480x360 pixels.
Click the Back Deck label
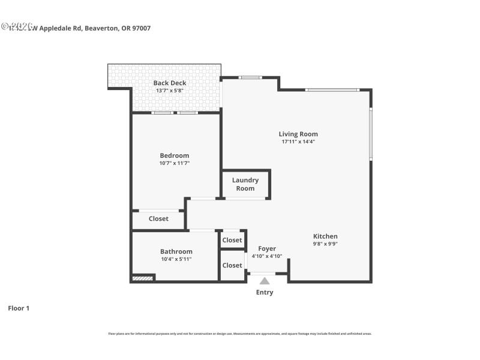click(x=169, y=83)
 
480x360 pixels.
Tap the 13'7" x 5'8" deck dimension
click(x=169, y=91)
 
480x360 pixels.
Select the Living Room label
click(x=298, y=134)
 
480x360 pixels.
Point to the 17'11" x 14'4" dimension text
click(x=298, y=142)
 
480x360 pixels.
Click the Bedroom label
click(x=174, y=155)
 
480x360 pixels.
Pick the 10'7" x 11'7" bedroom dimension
click(x=174, y=163)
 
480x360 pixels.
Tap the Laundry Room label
click(x=245, y=184)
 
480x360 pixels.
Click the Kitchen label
click(x=325, y=236)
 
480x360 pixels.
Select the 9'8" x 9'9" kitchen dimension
click(x=325, y=244)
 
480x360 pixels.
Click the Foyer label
click(x=267, y=248)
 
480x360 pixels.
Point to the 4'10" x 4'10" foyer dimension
click(x=267, y=256)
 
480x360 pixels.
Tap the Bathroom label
click(x=176, y=251)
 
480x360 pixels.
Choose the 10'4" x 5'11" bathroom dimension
click(x=176, y=259)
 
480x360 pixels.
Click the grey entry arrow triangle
click(x=265, y=280)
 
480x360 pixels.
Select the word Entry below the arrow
click(x=265, y=293)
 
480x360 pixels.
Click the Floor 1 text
click(x=19, y=308)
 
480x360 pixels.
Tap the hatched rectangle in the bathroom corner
click(x=143, y=278)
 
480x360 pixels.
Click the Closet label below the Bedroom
click(x=158, y=219)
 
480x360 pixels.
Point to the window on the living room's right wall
click(x=370, y=133)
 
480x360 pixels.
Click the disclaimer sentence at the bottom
click(x=239, y=334)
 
